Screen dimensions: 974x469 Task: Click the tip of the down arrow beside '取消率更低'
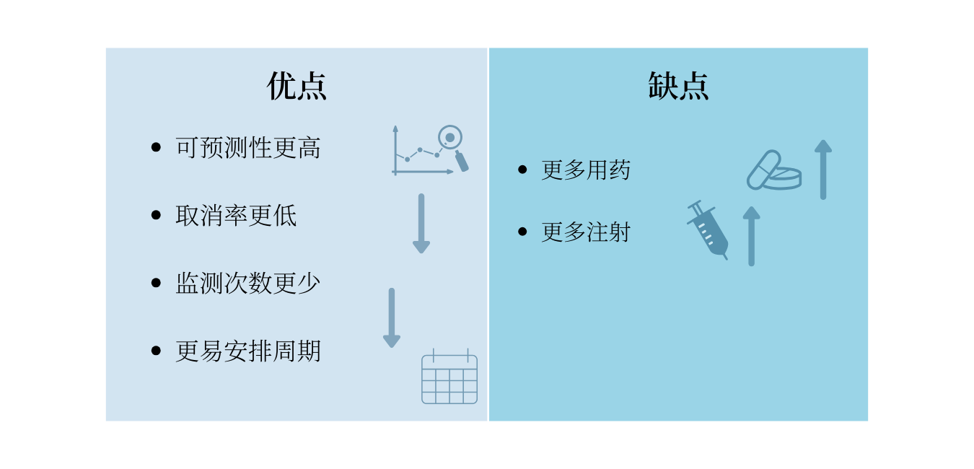pyautogui.click(x=421, y=253)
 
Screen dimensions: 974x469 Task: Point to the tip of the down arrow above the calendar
pyautogui.click(x=391, y=348)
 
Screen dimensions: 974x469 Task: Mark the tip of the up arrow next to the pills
pyautogui.click(x=823, y=139)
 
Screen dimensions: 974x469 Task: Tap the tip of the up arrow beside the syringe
pyautogui.click(x=751, y=206)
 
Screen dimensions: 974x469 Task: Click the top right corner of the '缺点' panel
pyautogui.click(x=868, y=48)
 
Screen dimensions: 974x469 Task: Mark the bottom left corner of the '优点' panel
pyautogui.click(x=106, y=421)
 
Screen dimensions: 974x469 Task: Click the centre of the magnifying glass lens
pyautogui.click(x=450, y=137)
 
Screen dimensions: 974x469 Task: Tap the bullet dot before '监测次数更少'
pyautogui.click(x=156, y=283)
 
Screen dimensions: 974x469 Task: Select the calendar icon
pyautogui.click(x=449, y=376)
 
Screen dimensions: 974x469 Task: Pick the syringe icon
pyautogui.click(x=708, y=230)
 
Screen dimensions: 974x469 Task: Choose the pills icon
pyautogui.click(x=774, y=170)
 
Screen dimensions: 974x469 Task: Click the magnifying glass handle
pyautogui.click(x=462, y=161)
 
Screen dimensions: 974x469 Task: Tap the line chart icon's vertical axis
pyautogui.click(x=395, y=150)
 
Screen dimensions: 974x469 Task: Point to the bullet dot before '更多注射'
pyautogui.click(x=522, y=232)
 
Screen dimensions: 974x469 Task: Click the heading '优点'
pyautogui.click(x=297, y=86)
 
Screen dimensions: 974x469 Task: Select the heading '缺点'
pyautogui.click(x=678, y=86)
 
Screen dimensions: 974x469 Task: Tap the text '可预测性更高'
pyautogui.click(x=248, y=147)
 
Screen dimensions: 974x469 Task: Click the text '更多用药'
pyautogui.click(x=586, y=170)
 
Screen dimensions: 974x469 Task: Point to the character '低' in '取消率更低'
pyautogui.click(x=285, y=215)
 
